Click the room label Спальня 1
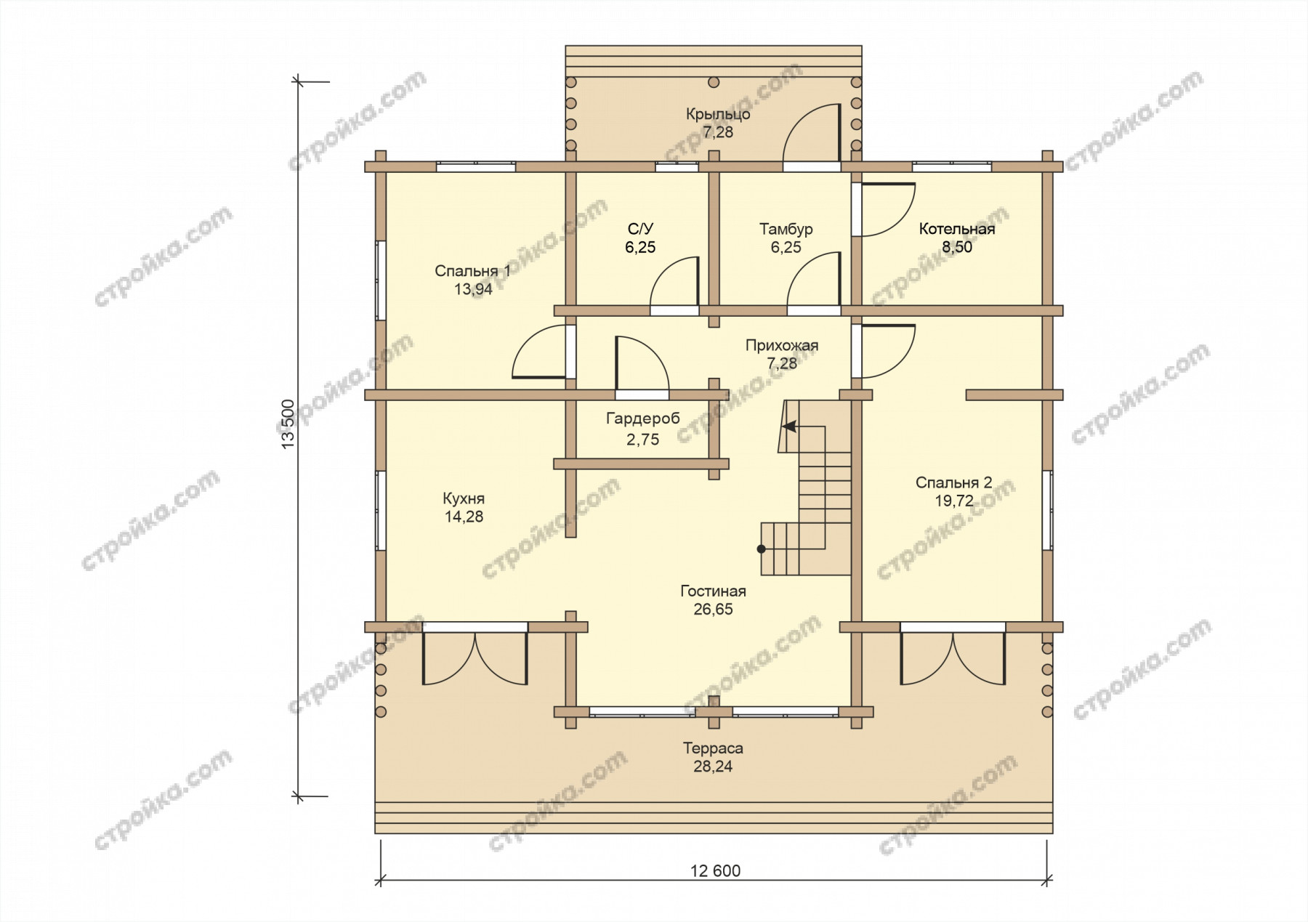[x=472, y=271]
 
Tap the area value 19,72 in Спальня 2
[x=954, y=501]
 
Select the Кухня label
[x=464, y=498]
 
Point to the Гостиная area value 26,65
[x=713, y=609]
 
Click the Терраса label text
[x=713, y=748]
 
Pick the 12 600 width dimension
[x=716, y=870]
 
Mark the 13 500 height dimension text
[x=289, y=424]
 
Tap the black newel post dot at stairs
[x=762, y=549]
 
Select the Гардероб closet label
[x=643, y=418]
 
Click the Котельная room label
[x=957, y=229]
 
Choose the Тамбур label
[x=786, y=229]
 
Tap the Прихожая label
[x=782, y=345]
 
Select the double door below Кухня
[x=475, y=658]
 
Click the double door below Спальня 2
[x=953, y=658]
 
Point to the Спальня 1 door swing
[x=539, y=352]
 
